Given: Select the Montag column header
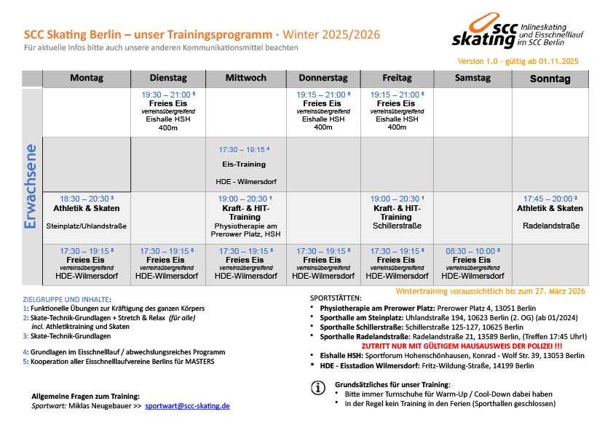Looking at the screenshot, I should (x=87, y=79).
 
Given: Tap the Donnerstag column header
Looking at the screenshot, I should (x=323, y=79).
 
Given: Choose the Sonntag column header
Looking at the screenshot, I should (x=550, y=79).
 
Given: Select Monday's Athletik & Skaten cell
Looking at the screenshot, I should (x=87, y=212).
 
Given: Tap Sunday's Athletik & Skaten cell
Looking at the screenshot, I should (x=550, y=212).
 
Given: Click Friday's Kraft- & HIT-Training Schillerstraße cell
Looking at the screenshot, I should (x=396, y=212).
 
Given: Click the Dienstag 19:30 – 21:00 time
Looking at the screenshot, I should (x=167, y=95).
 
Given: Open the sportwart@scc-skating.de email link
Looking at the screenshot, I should (x=187, y=405).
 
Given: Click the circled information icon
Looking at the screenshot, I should (x=317, y=388).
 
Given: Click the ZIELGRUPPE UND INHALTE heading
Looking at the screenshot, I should (x=67, y=299).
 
